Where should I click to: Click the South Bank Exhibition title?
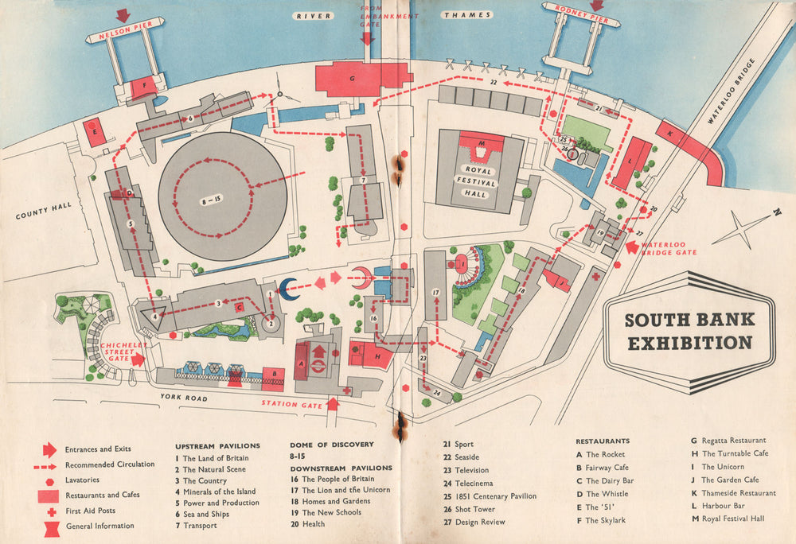[x=688, y=331]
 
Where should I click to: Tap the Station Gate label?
[x=292, y=404]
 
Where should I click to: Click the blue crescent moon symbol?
[x=287, y=288]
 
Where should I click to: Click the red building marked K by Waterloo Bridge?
[x=689, y=151]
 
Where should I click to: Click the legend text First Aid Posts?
[x=92, y=510]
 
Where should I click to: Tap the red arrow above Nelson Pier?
[x=123, y=15]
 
